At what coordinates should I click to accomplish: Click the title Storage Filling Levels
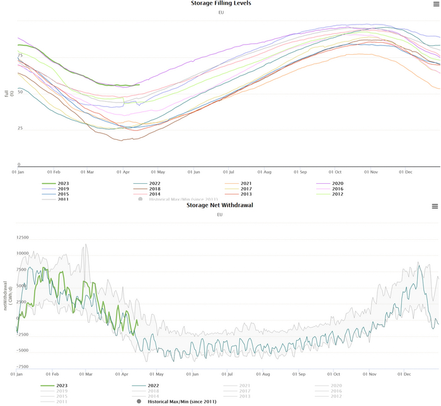tap(220, 3)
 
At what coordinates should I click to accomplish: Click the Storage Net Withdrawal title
tap(220, 205)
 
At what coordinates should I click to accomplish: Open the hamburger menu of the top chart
tap(435, 4)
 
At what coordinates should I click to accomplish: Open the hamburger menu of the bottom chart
tap(435, 206)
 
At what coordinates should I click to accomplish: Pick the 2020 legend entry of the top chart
tap(336, 183)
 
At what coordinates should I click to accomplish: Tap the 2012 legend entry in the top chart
tap(336, 194)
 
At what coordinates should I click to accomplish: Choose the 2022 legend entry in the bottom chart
tap(154, 385)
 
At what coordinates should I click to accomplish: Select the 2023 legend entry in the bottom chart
tap(62, 385)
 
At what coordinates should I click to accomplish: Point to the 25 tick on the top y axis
tap(20, 128)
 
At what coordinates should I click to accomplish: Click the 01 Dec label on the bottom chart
tap(404, 373)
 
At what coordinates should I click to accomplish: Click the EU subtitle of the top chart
tap(220, 12)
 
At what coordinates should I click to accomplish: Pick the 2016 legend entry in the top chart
tap(336, 189)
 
